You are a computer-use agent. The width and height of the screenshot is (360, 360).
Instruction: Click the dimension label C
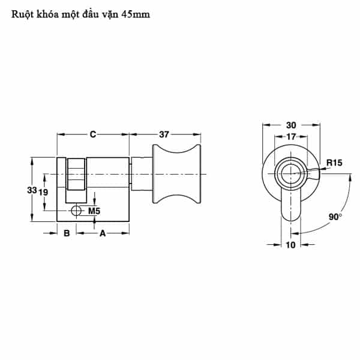pyautogui.click(x=93, y=134)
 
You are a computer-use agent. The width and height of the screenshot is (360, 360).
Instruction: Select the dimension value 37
pyautogui.click(x=164, y=134)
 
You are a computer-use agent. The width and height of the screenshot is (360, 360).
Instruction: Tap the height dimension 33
pyautogui.click(x=32, y=190)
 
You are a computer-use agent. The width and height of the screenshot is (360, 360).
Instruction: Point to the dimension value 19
pyautogui.click(x=43, y=192)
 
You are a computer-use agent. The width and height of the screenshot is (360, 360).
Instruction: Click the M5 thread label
pyautogui.click(x=94, y=211)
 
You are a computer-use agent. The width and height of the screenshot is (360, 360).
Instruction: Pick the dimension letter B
pyautogui.click(x=67, y=233)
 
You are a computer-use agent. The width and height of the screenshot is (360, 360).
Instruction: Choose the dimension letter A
pyautogui.click(x=103, y=233)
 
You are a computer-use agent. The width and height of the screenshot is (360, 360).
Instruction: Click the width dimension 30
pyautogui.click(x=291, y=125)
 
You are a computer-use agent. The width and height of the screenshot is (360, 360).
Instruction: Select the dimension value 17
pyautogui.click(x=291, y=137)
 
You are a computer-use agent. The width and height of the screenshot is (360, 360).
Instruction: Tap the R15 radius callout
pyautogui.click(x=334, y=163)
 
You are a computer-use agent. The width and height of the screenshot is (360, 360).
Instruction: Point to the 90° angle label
pyautogui.click(x=335, y=217)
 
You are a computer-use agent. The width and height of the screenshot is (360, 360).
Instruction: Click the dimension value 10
pyautogui.click(x=290, y=245)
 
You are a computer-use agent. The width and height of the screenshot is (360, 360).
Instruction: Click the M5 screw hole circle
pyautogui.click(x=76, y=211)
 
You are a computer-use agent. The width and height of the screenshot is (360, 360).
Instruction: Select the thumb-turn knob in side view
pyautogui.click(x=177, y=174)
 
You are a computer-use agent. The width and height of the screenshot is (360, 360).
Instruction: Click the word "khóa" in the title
pyautogui.click(x=43, y=14)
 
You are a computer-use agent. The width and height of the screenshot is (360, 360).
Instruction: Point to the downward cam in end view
pyautogui.click(x=291, y=204)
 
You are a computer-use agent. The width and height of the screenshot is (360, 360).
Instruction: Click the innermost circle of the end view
pyautogui.click(x=291, y=174)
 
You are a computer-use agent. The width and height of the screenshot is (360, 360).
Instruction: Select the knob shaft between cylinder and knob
pyautogui.click(x=142, y=174)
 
